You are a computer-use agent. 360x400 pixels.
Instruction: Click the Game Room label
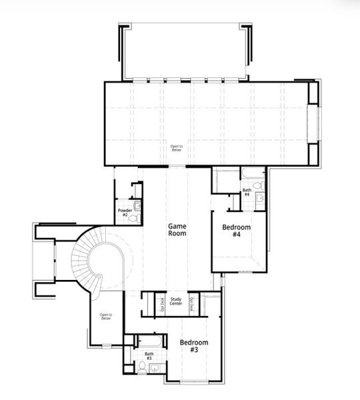[177, 230]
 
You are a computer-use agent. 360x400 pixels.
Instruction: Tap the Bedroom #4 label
[236, 231]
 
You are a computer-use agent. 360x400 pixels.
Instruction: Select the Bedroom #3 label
[194, 346]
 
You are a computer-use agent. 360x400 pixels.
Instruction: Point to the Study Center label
[177, 301]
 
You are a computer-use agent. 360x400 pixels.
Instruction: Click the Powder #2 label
[124, 213]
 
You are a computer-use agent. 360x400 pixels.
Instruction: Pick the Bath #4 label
[247, 192]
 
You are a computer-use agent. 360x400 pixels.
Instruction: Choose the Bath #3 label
[149, 356]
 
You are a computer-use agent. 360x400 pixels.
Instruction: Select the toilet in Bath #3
[144, 367]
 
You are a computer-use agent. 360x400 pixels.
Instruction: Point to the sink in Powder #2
[137, 206]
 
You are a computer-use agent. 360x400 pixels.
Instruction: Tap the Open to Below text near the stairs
[106, 316]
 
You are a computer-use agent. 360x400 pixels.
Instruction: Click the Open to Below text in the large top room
[177, 148]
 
